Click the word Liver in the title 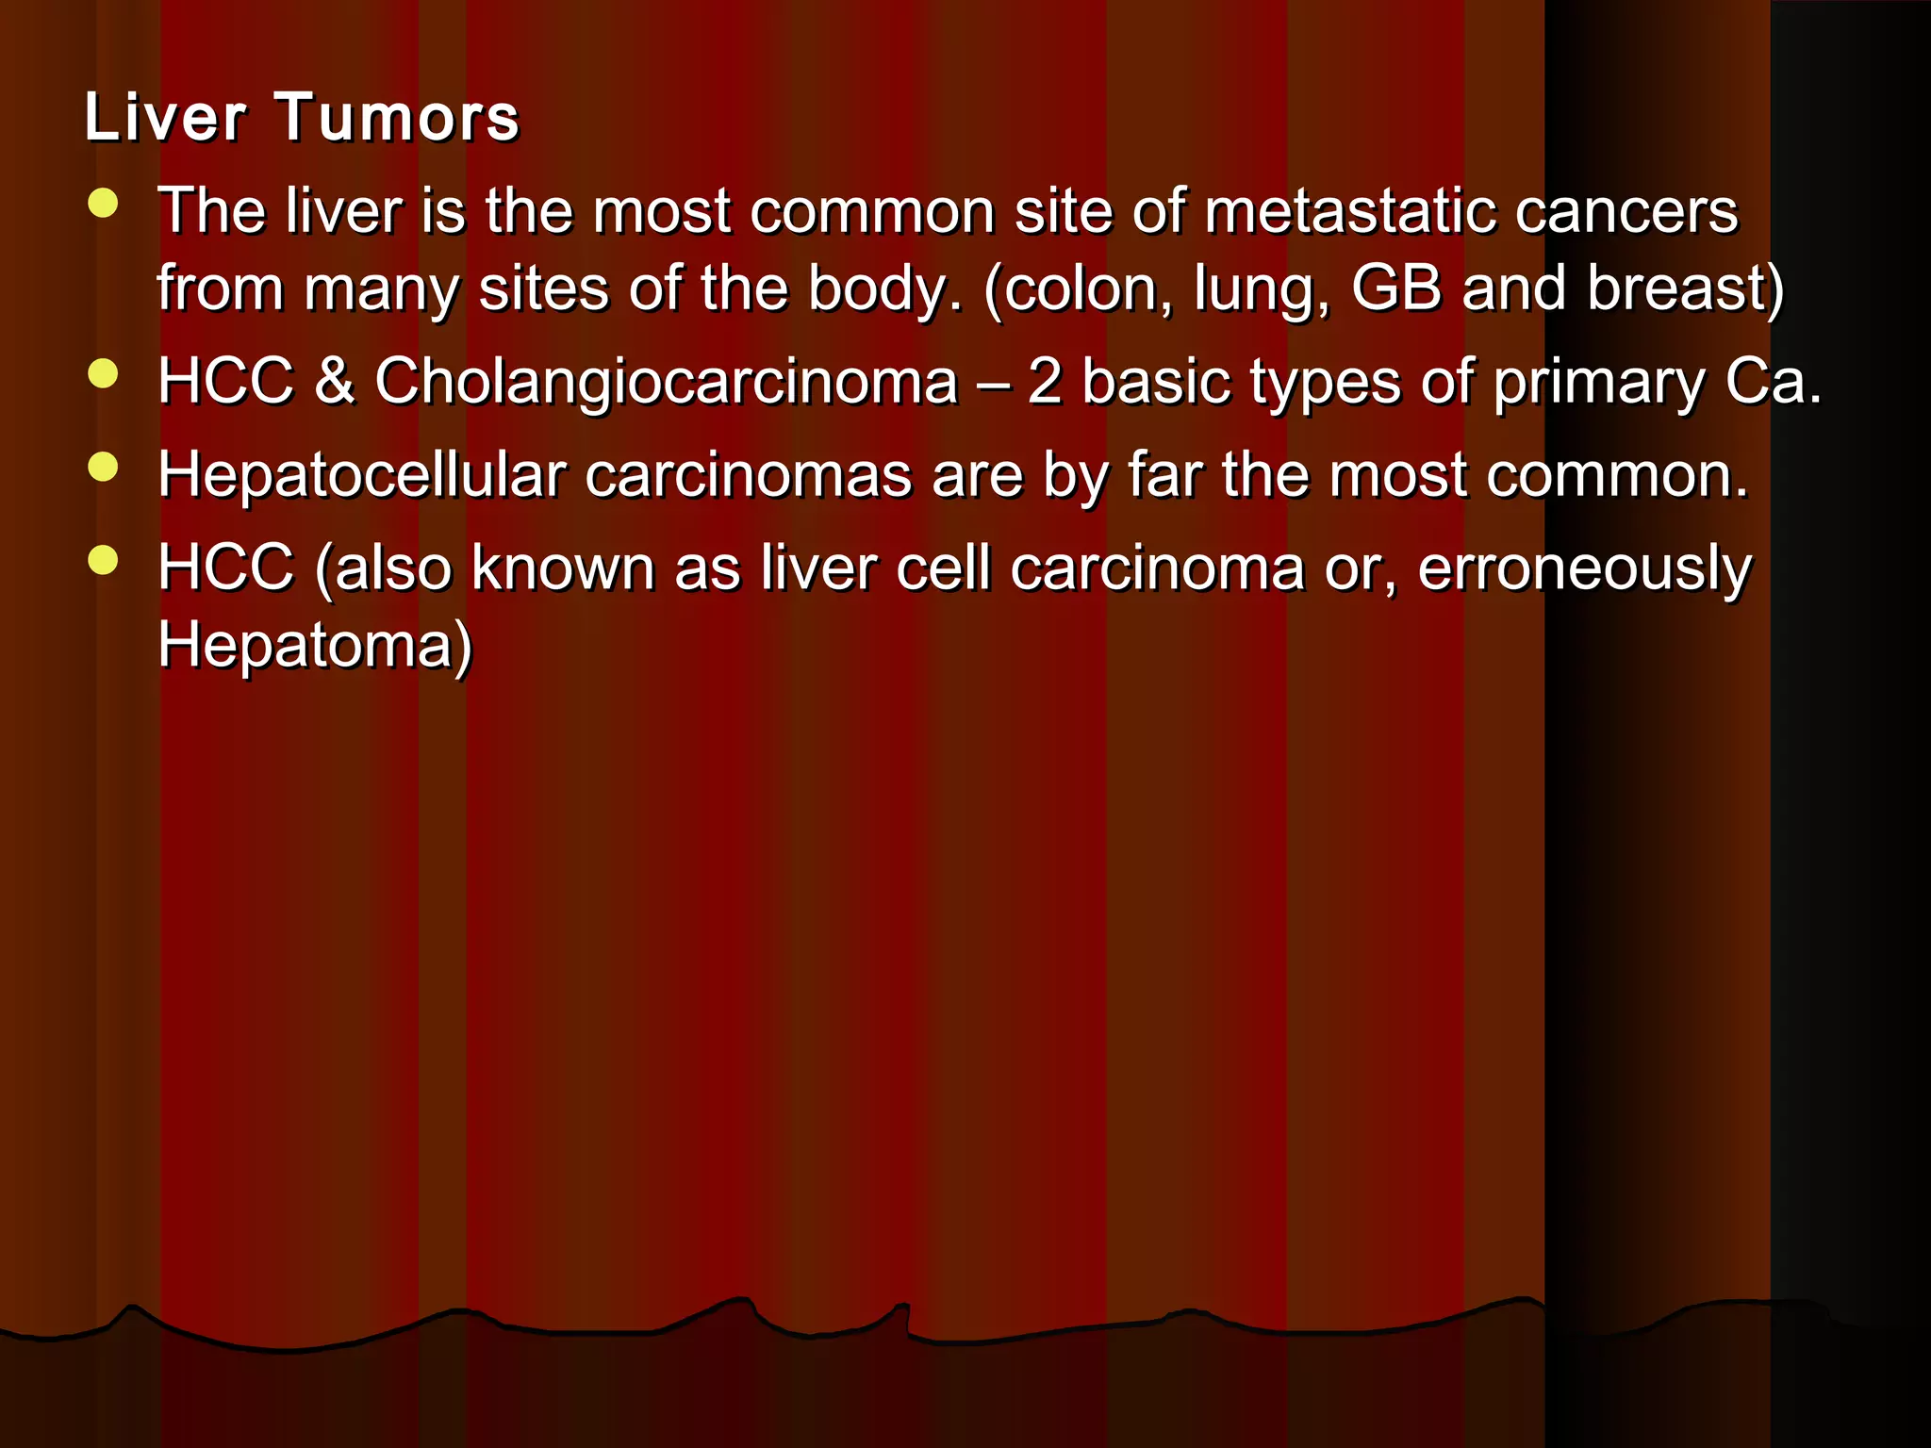pyautogui.click(x=165, y=118)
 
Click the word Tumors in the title pyautogui.click(x=397, y=118)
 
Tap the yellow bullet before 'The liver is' pyautogui.click(x=102, y=204)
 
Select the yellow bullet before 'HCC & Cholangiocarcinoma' pyautogui.click(x=102, y=374)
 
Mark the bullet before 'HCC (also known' pyautogui.click(x=102, y=561)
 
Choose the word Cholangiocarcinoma pyautogui.click(x=666, y=382)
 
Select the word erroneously pyautogui.click(x=1584, y=568)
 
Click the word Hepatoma pyautogui.click(x=305, y=647)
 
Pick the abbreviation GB pyautogui.click(x=1396, y=288)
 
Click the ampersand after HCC pyautogui.click(x=334, y=382)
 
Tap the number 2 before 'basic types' pyautogui.click(x=1045, y=382)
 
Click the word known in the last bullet pyautogui.click(x=562, y=568)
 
